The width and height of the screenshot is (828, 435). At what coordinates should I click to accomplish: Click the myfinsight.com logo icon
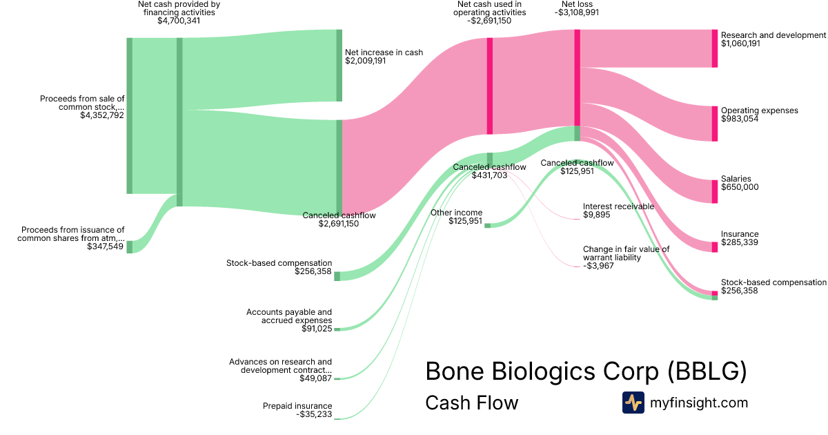pos(633,403)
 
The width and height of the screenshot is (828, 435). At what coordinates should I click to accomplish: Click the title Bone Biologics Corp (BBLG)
pos(586,371)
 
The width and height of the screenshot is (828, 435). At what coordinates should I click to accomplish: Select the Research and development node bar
pos(715,48)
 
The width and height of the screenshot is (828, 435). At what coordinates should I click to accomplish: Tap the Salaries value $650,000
pos(740,187)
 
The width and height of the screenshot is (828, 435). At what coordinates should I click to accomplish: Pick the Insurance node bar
pos(715,247)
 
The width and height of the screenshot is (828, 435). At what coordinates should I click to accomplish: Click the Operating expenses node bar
pos(715,124)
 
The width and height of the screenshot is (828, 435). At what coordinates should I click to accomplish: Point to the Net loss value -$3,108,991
pos(577,12)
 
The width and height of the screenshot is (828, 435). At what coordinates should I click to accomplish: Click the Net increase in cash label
pos(384,52)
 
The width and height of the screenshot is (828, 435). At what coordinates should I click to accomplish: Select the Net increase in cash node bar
pos(339,66)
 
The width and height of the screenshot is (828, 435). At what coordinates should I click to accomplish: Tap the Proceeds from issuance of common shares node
pos(130,247)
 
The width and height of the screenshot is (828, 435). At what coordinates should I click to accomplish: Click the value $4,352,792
pos(102,115)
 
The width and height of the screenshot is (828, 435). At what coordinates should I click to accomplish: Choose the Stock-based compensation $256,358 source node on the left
pos(337,276)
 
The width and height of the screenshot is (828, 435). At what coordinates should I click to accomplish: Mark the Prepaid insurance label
pos(297,406)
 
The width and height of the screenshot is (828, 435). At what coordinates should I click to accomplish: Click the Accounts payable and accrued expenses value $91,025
pos(317,329)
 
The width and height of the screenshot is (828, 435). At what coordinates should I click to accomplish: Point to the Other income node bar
pos(488,226)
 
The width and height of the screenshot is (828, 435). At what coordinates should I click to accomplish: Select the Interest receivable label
pos(618,206)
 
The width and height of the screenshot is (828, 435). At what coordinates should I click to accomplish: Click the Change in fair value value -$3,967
pos(598,266)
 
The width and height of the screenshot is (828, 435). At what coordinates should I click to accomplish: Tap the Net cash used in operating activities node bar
pos(490,86)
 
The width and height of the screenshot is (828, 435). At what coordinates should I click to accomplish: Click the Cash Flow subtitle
pos(472,403)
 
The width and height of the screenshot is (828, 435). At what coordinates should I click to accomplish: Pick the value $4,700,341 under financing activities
pos(179,20)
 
